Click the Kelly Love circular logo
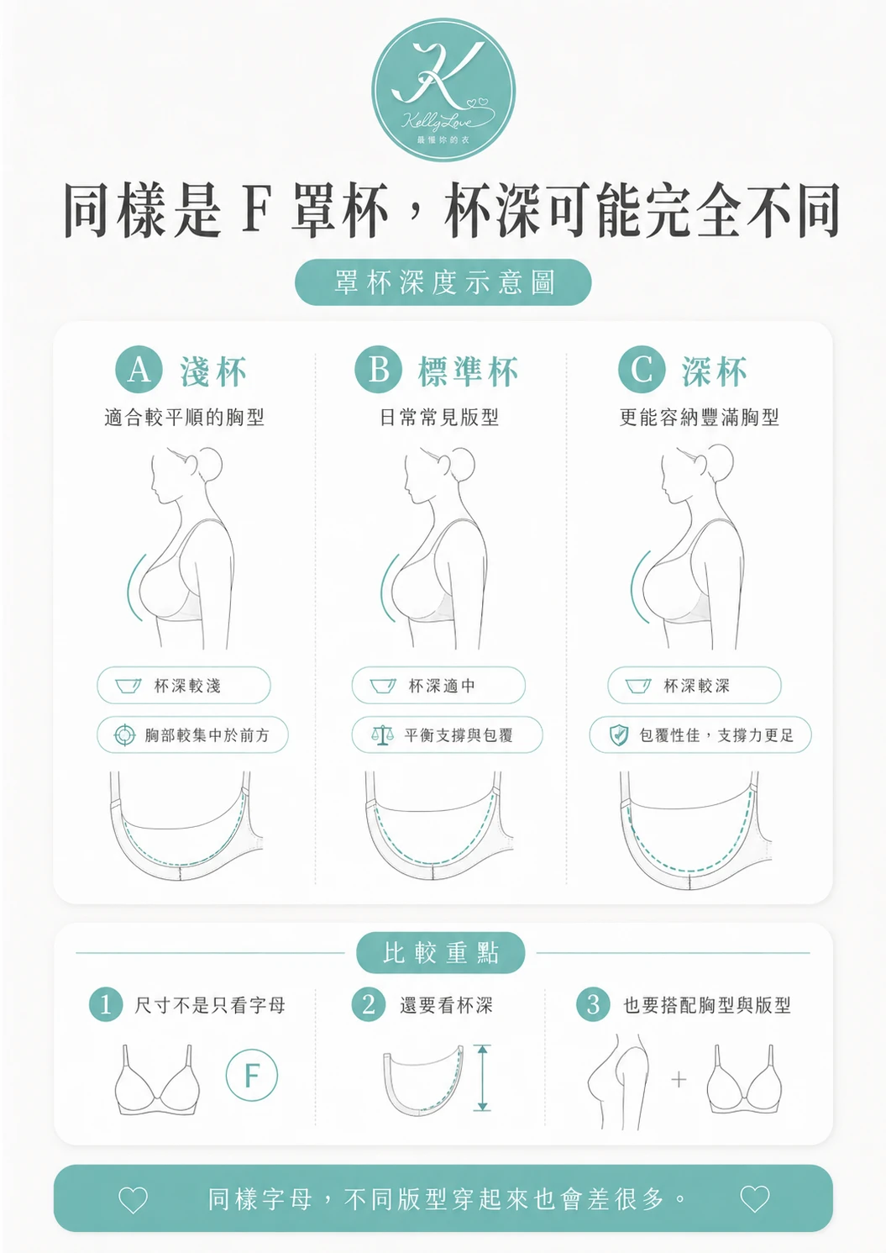click(443, 89)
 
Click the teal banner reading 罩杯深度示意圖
click(443, 282)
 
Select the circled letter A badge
click(139, 371)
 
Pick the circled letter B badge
click(379, 371)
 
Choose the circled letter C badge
click(642, 371)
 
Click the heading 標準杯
click(469, 371)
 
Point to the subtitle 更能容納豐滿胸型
click(699, 418)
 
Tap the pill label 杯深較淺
click(184, 685)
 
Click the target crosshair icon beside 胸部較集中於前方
click(124, 735)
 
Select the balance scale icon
click(381, 735)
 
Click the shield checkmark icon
click(618, 735)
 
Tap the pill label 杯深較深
click(695, 685)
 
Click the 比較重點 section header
click(441, 953)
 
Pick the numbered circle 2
click(369, 1005)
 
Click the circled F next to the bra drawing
click(252, 1075)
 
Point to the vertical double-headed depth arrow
click(482, 1077)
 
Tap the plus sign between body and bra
click(679, 1079)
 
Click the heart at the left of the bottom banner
click(133, 1199)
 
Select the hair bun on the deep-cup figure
click(717, 461)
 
